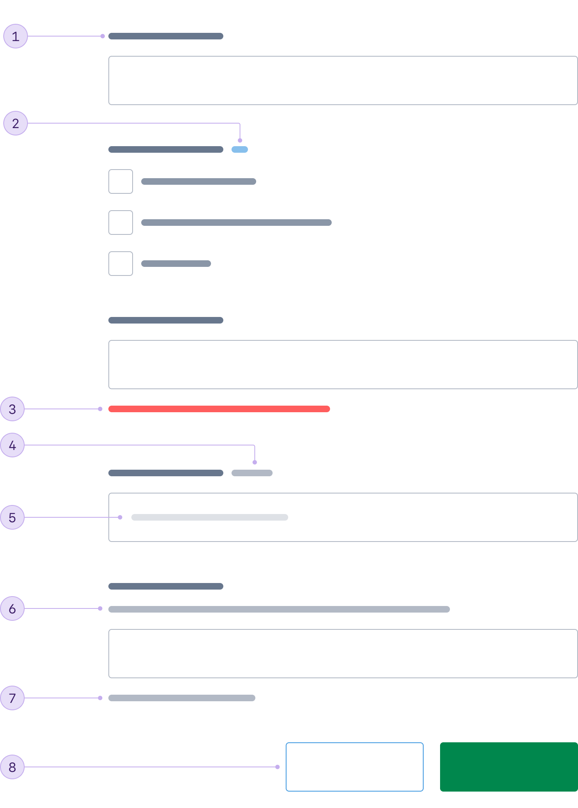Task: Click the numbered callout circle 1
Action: pyautogui.click(x=16, y=37)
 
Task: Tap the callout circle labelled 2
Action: pyautogui.click(x=16, y=123)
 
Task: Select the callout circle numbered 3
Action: pyautogui.click(x=12, y=409)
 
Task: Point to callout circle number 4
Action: pyautogui.click(x=12, y=445)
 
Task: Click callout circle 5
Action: pyautogui.click(x=12, y=517)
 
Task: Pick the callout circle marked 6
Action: pyautogui.click(x=12, y=608)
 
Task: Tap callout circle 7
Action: pyautogui.click(x=12, y=698)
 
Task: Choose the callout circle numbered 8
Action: pyautogui.click(x=12, y=767)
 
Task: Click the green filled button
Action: pyautogui.click(x=509, y=767)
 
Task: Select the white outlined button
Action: pyautogui.click(x=355, y=767)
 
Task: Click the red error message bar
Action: pyautogui.click(x=219, y=409)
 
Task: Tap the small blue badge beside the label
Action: pyautogui.click(x=240, y=149)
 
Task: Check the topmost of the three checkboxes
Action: pyautogui.click(x=121, y=181)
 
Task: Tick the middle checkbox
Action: pyautogui.click(x=121, y=223)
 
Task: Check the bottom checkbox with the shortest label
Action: pyautogui.click(x=121, y=264)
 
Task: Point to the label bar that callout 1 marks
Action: pyautogui.click(x=166, y=36)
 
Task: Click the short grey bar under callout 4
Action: pyautogui.click(x=252, y=473)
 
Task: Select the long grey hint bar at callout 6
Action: pyautogui.click(x=279, y=609)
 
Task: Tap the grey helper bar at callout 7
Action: pyautogui.click(x=182, y=698)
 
